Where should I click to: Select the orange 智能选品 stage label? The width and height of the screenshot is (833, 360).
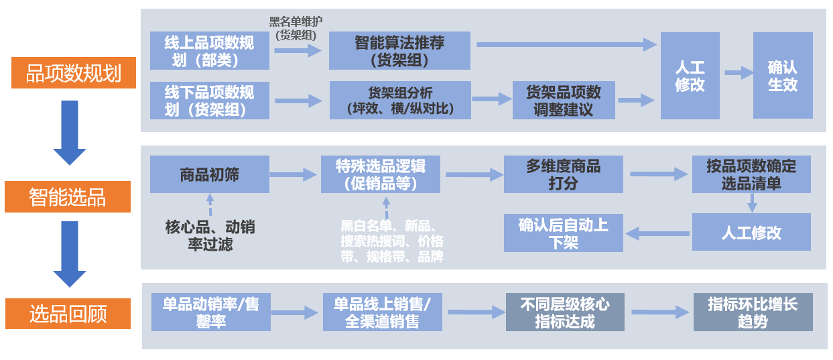[67, 196]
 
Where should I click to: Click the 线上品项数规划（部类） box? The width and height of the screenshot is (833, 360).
[210, 51]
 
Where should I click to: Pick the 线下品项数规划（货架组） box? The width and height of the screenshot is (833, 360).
[210, 100]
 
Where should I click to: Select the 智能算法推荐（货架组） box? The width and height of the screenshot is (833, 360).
[399, 51]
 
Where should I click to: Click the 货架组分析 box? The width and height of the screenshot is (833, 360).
[400, 100]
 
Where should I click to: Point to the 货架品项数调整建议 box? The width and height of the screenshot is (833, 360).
[564, 101]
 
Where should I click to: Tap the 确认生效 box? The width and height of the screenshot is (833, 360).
[782, 76]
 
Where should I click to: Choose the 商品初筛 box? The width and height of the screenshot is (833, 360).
[210, 174]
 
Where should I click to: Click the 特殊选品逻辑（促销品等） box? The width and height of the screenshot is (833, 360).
[381, 174]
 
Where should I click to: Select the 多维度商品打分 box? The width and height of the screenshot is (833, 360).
[564, 174]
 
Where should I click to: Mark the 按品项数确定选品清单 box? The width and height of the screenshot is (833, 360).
[751, 174]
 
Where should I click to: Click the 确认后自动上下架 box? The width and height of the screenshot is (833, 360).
[564, 233]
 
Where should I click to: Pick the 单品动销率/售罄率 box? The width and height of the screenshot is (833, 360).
[210, 312]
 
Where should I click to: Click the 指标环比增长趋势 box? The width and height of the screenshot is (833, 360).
[753, 312]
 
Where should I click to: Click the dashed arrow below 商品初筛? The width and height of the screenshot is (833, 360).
[210, 204]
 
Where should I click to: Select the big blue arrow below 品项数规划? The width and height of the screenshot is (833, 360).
[70, 132]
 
